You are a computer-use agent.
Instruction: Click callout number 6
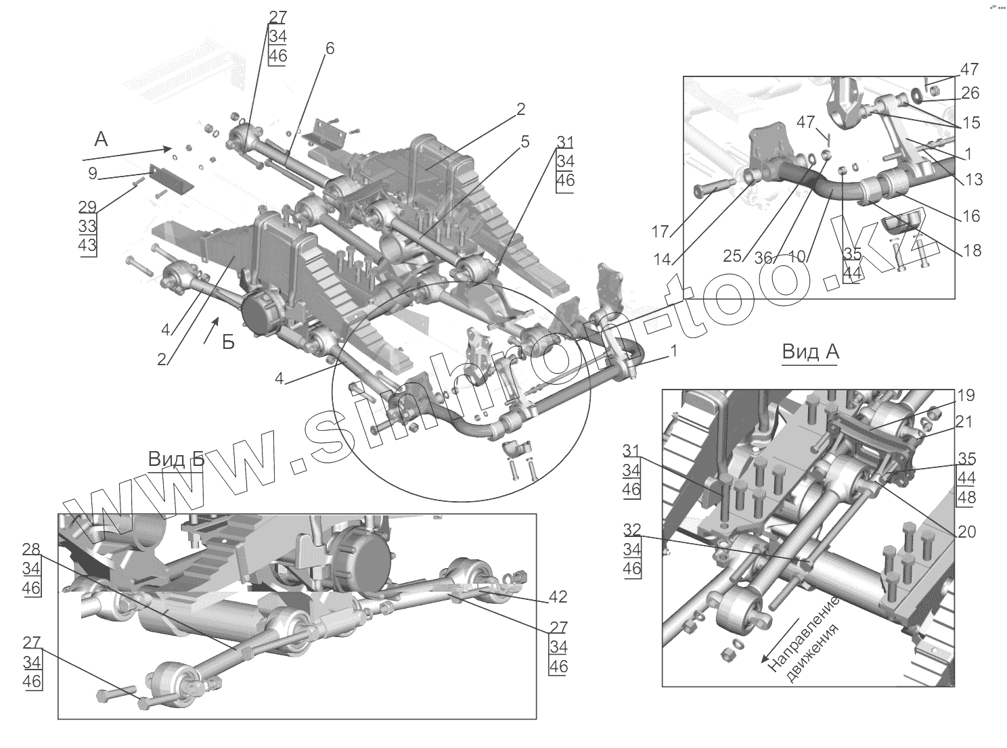point(330,49)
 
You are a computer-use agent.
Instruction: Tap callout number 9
point(93,173)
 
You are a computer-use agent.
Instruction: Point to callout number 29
point(87,207)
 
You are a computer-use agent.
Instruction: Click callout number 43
point(87,245)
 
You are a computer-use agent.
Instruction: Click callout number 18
point(971,251)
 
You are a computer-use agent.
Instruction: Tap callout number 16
point(970,216)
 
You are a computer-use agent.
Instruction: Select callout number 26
point(970,93)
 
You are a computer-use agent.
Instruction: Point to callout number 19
point(965,396)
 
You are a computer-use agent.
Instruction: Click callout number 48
point(966,498)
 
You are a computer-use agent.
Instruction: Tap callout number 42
point(558,597)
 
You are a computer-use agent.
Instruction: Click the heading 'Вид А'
point(809,352)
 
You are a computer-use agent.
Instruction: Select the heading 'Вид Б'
point(176,460)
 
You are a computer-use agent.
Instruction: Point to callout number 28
point(31,548)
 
